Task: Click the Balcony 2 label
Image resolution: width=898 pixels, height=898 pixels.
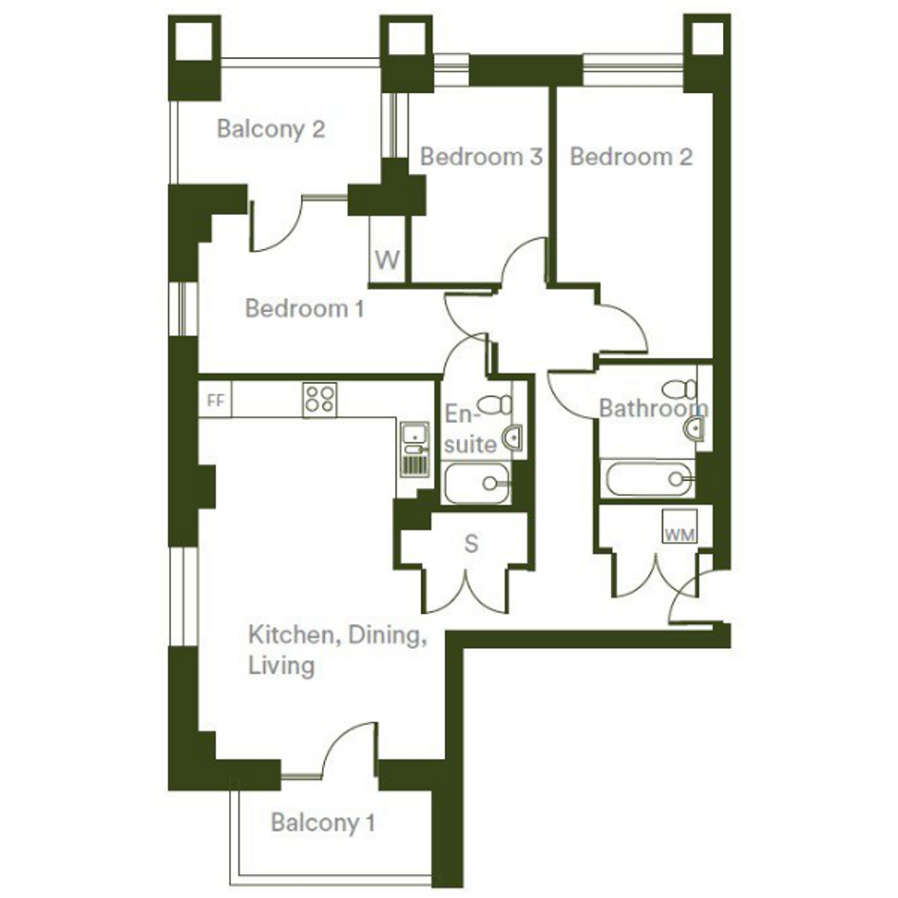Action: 271,129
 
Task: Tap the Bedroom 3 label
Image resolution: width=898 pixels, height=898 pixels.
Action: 481,157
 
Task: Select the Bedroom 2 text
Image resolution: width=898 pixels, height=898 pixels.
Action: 631,157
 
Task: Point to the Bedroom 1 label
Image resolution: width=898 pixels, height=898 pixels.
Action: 304,309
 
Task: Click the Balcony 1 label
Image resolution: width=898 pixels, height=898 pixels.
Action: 323,823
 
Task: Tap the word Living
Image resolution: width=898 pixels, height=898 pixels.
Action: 281,666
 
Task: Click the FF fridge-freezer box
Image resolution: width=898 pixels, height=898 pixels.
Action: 216,400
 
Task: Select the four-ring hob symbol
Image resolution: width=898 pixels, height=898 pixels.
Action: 319,399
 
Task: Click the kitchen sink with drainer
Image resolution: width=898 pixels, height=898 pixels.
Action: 414,449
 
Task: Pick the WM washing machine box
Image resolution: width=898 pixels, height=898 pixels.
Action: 679,526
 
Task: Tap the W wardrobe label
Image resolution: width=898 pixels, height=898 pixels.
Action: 387,260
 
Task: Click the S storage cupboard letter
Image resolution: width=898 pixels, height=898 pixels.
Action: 470,544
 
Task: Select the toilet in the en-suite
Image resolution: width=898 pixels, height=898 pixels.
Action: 495,405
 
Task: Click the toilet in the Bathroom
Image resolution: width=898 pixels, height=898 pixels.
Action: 679,390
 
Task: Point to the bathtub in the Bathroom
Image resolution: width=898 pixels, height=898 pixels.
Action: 649,479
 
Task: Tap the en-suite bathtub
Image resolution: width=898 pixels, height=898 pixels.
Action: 476,484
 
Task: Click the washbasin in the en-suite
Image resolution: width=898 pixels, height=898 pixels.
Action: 513,438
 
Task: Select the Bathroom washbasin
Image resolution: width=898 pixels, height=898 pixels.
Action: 694,428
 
